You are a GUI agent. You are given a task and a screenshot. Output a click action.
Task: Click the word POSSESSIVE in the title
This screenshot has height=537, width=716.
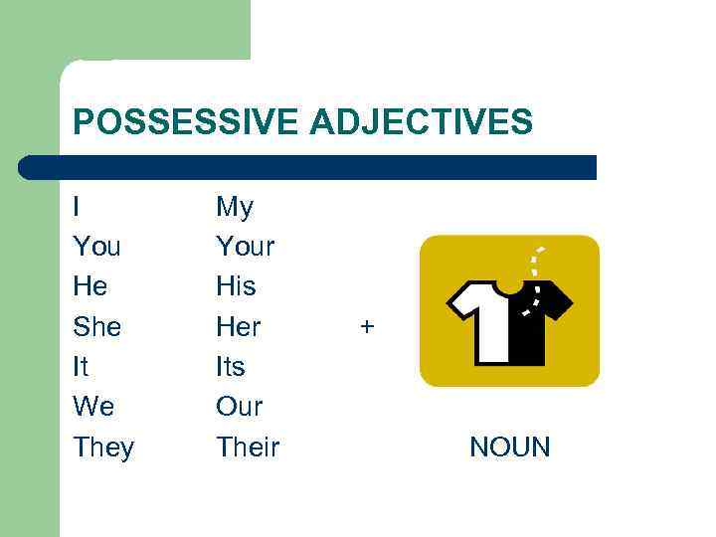186,122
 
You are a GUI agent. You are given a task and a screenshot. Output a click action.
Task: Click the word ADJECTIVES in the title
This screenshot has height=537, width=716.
422,122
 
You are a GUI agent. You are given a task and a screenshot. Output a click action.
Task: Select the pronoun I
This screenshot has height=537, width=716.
77,207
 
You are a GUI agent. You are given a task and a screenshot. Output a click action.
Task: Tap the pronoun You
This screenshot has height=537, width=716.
96,247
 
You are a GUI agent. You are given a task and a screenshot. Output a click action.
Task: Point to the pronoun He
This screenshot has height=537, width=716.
90,286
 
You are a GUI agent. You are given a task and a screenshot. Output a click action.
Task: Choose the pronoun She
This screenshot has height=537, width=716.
95,326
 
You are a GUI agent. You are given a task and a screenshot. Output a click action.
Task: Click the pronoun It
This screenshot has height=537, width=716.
81,366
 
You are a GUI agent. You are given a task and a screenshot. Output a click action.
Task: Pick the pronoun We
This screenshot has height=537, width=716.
93,407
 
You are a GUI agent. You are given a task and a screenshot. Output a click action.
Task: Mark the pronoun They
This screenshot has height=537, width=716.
103,447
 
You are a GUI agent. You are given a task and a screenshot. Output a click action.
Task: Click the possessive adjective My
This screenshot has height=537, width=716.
235,208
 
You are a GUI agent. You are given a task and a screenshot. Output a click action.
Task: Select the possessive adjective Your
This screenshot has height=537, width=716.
245,247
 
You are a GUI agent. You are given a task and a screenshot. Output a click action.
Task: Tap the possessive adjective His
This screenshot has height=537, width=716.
236,286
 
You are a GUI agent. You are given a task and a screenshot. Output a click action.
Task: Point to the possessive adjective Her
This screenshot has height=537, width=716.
239,326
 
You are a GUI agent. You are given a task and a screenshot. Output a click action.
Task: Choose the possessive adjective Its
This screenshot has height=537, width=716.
231,366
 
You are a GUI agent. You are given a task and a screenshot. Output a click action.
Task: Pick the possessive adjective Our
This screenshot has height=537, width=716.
240,407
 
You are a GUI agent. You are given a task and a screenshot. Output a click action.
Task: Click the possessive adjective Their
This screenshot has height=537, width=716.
248,447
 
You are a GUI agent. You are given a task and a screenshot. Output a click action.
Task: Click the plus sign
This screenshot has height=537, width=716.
368,325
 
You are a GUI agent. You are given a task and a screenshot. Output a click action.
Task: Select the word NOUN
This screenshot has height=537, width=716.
509,447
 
